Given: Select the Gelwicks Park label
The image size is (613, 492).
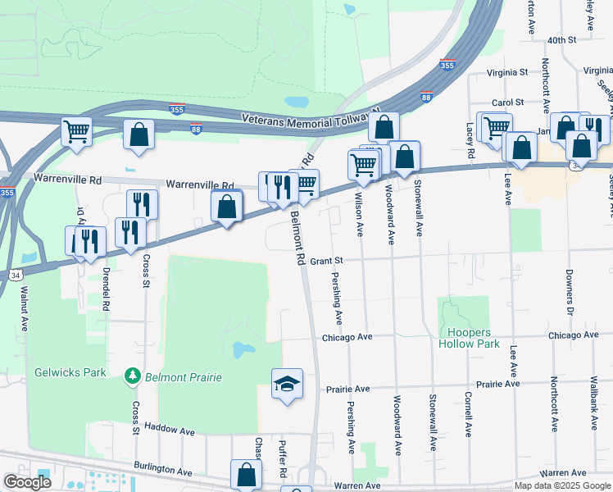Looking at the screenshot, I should coord(70,372).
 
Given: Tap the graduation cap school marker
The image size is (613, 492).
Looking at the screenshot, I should coord(287,384).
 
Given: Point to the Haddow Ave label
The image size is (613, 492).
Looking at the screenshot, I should coord(170,429).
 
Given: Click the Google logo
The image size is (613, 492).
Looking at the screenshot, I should coord(28,482).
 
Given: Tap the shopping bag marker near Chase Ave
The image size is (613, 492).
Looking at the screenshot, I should coord(247,474).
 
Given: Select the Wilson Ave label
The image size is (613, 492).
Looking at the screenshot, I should coord(358,215).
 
